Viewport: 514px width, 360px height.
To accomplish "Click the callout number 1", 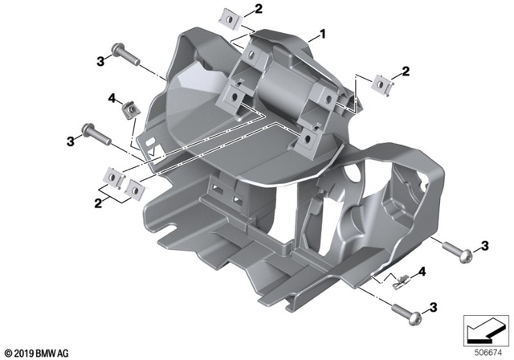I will pyautogui.click(x=323, y=35).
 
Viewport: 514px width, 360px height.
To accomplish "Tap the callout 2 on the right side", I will pyautogui.click(x=405, y=72).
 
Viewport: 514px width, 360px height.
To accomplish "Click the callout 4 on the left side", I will pyautogui.click(x=110, y=98).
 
